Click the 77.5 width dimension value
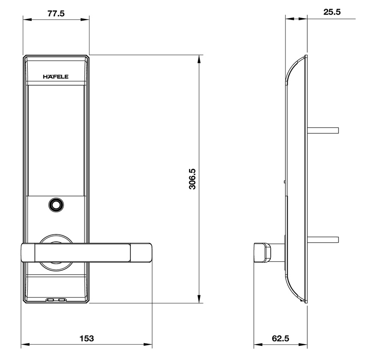pos(56,14)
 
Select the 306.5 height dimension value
pos(192,179)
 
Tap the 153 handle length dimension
pos(87,339)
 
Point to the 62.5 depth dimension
pos(280,339)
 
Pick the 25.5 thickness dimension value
pos(332,12)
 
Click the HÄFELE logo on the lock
pos(56,77)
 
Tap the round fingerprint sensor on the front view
pos(56,205)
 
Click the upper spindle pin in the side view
pos(323,130)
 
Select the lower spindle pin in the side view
pos(323,240)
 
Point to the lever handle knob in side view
pos(262,252)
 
